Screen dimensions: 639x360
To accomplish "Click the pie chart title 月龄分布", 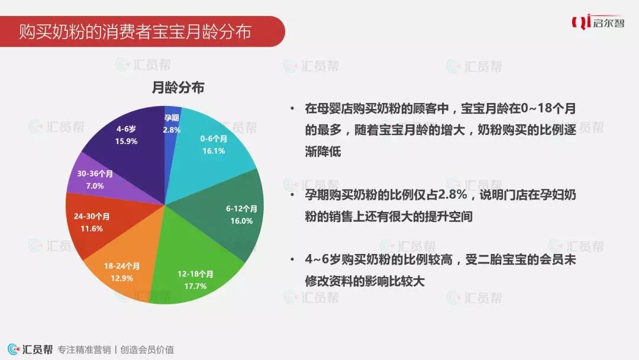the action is (177, 87).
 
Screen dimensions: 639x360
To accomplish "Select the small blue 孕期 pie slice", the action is (172, 134).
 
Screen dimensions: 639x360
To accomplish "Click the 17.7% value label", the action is (195, 286).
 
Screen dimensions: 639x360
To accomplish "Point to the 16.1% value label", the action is (214, 151).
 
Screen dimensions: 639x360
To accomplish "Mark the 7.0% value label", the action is (95, 186).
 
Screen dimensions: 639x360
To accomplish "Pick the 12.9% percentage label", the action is (122, 278).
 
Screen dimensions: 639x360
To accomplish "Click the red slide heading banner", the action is (142, 31).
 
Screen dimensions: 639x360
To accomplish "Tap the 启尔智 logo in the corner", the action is (598, 22).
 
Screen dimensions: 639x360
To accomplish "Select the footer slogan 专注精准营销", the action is (85, 350).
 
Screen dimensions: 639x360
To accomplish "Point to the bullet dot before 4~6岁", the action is (292, 259).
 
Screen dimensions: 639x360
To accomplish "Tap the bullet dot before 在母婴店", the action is (292, 108).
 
